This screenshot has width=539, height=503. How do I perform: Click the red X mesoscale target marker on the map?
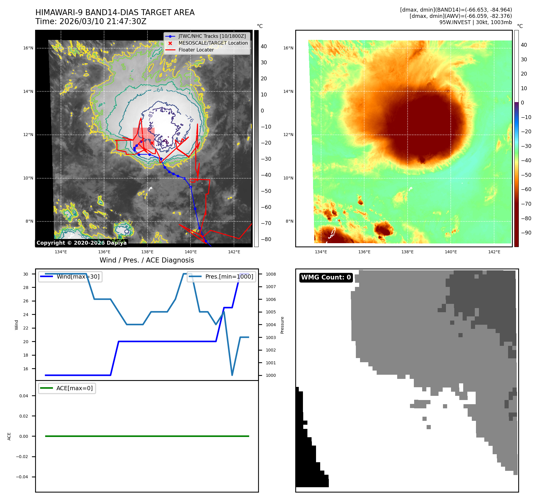point(152,143)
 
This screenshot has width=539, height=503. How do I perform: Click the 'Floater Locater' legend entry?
point(196,50)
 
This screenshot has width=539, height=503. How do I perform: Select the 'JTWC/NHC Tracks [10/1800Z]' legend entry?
point(212,36)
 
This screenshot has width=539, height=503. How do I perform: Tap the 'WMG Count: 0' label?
point(326,277)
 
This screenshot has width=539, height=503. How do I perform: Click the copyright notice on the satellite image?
point(81,243)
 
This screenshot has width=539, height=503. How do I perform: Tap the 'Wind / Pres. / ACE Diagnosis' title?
point(147,260)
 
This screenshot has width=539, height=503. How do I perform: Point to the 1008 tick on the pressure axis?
point(271,274)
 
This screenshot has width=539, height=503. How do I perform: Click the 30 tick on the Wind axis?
point(26,274)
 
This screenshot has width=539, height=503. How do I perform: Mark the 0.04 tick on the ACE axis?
point(24,396)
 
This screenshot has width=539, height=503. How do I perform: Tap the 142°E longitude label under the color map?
point(494,252)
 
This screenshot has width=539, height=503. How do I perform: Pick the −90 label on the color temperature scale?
point(526,233)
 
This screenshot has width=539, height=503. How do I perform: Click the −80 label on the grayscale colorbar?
point(266,239)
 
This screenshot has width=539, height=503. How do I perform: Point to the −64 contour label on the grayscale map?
point(160,90)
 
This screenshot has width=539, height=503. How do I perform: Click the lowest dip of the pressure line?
point(232,375)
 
